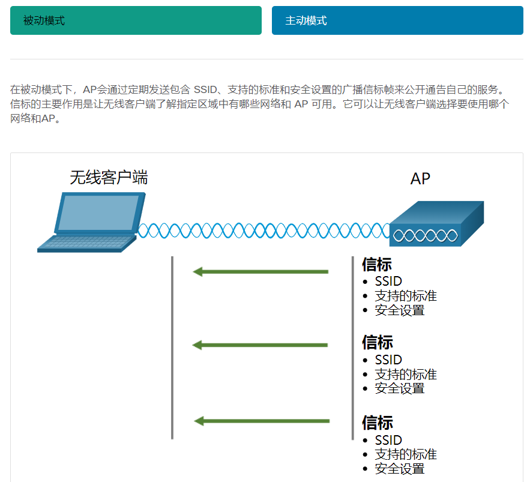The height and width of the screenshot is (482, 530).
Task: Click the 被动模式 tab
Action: [136, 20]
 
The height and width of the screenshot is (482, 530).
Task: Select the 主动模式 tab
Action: [397, 20]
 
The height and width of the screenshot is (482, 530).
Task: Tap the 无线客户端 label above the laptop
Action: [109, 177]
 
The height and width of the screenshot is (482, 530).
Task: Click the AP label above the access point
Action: [420, 178]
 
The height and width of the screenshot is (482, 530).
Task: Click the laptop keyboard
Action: [86, 243]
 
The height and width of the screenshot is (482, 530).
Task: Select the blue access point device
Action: [436, 224]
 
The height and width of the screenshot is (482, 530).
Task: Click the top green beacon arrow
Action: [260, 272]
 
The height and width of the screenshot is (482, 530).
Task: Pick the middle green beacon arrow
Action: [260, 345]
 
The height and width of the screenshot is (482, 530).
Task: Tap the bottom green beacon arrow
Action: [262, 421]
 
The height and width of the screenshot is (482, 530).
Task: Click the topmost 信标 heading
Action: [378, 265]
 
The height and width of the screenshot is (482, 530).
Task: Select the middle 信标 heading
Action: [378, 342]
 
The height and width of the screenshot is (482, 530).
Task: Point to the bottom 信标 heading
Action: [378, 423]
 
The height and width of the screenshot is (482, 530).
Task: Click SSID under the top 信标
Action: [388, 281]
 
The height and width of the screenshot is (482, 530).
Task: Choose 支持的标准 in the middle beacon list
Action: [406, 375]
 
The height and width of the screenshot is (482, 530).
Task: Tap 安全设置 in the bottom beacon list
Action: [400, 469]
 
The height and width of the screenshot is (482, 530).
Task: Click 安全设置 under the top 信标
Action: [400, 310]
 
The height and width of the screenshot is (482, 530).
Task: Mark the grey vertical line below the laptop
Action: [172, 348]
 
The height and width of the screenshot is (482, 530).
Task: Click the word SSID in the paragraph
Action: [206, 90]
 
